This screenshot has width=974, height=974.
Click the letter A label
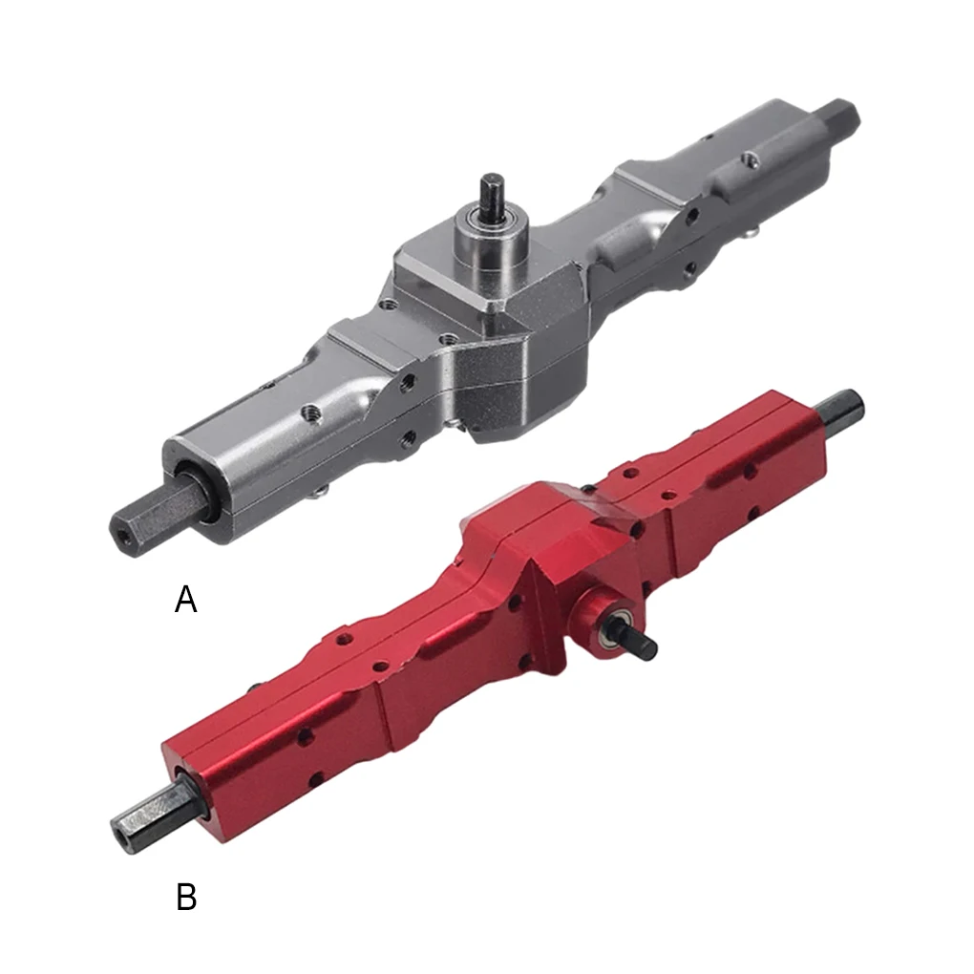point(186,600)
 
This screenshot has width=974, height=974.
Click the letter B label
point(186,897)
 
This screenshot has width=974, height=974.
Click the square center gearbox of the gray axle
point(491,317)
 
